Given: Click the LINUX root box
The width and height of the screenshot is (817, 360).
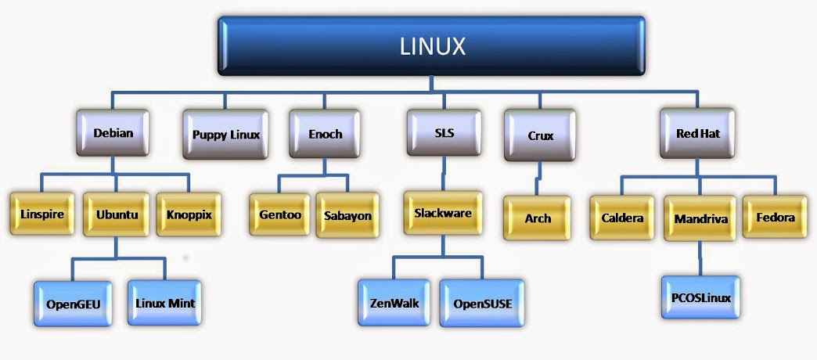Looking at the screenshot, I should [x=432, y=47].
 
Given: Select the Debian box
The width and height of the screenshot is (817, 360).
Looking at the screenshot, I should [x=113, y=133].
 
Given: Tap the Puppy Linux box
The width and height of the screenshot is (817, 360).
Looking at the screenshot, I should [x=225, y=134].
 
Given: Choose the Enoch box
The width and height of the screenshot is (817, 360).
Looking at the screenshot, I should [x=325, y=134].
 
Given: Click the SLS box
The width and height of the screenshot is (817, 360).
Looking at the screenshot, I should [x=444, y=133].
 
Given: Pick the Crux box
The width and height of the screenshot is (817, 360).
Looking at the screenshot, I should [x=540, y=135].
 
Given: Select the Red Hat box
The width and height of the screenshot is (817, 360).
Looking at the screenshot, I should [x=697, y=133].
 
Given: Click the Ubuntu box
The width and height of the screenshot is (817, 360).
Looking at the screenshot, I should [x=117, y=214].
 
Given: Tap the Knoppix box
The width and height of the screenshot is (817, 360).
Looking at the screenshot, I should [x=189, y=213].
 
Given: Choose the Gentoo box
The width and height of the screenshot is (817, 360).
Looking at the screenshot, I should [x=281, y=214].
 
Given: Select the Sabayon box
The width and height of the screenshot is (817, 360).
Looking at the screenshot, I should [x=347, y=214].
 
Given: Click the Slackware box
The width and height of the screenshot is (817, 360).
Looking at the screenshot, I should [x=442, y=212].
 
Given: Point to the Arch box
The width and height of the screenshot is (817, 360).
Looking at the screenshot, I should [x=538, y=218].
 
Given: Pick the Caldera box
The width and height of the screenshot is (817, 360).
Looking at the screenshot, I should [x=623, y=218].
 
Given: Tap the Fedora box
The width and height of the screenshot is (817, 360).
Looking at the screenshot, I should [x=775, y=217].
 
